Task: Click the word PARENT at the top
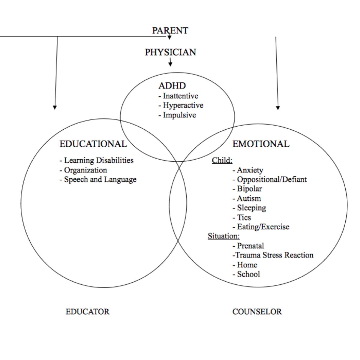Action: point(170,31)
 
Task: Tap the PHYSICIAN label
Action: point(170,52)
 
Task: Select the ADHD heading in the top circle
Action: point(172,86)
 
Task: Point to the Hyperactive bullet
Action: point(181,105)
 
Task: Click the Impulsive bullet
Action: point(177,115)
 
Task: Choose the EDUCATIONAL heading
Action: point(93,144)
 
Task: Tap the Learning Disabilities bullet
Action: point(97,160)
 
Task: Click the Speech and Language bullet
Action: point(98,179)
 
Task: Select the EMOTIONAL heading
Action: point(261,144)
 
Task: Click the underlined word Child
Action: point(222,160)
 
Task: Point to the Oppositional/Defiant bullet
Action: point(270,179)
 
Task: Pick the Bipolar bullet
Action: point(247,189)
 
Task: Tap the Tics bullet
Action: point(242,217)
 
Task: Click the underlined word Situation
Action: point(224,236)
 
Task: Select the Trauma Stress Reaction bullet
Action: point(273,255)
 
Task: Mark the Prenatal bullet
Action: point(248,246)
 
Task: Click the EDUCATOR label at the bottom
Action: point(88,312)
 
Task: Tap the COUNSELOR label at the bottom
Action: point(257,312)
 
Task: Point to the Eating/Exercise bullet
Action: point(261,226)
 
